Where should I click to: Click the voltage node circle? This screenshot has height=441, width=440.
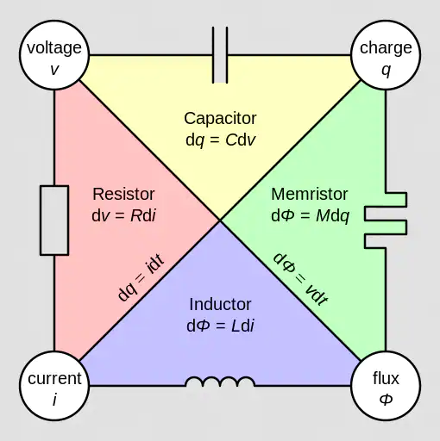54,54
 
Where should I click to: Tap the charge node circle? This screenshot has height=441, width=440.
386,54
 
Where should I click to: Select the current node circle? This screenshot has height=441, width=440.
54,386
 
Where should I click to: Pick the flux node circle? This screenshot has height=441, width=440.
386,386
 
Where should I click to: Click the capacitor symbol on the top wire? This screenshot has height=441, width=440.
220,55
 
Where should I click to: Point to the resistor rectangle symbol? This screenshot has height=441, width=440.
54,220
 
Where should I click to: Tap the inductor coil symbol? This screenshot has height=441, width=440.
220,382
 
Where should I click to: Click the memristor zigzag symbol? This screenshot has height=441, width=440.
386,220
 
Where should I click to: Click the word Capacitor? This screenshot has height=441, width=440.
220,118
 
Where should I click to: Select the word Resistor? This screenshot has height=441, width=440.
123,194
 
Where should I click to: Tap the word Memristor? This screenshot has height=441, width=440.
310,194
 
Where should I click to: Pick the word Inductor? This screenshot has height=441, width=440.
220,304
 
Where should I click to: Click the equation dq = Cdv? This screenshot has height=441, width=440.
221,140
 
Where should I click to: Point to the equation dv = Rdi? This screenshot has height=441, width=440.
123,215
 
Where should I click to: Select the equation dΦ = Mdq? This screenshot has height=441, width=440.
310,216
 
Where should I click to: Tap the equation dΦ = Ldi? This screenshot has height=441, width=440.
220,326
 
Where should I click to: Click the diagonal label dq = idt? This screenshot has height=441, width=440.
141,277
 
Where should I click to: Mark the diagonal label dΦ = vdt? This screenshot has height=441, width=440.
300,279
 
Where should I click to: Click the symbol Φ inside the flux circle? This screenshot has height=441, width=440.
386,399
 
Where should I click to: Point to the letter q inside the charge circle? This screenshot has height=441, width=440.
386,71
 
